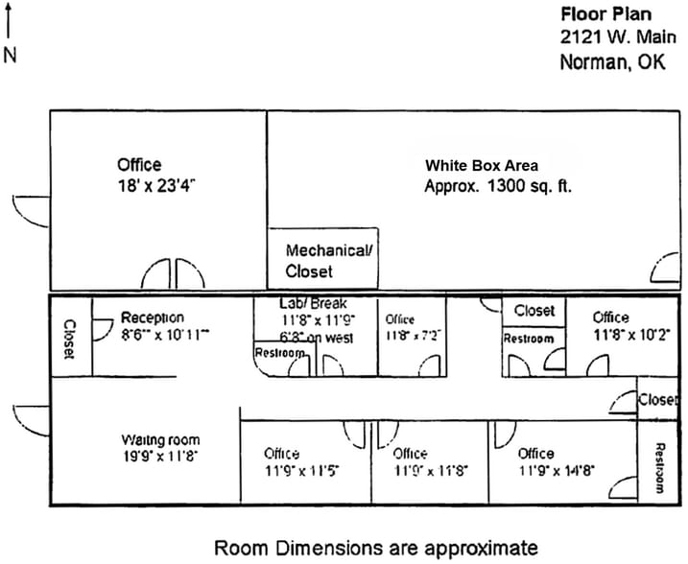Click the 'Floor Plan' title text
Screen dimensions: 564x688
coord(605,14)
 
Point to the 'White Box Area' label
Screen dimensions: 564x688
coord(482,165)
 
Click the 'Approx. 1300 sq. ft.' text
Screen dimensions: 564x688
coord(497,186)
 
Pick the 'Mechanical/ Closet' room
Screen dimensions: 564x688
coord(322,260)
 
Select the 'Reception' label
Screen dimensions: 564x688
coord(152,317)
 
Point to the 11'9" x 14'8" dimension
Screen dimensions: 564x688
coord(557,471)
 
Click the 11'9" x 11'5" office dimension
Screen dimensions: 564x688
coord(301,471)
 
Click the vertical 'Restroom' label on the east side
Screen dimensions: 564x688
coord(659,467)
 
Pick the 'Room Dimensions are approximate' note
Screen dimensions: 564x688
coord(376,548)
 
